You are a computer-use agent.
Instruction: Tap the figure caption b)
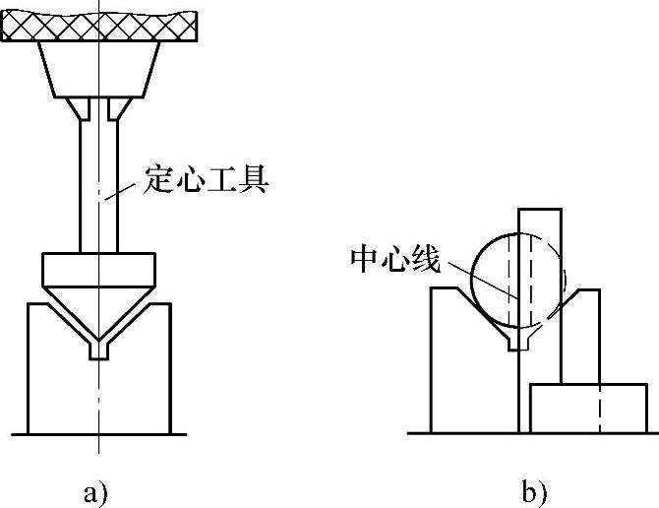tap(532, 490)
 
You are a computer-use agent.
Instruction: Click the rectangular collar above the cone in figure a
tap(98, 268)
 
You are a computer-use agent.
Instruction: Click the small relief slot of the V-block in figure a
tap(98, 349)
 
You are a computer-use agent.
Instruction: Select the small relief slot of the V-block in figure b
tap(515, 341)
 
